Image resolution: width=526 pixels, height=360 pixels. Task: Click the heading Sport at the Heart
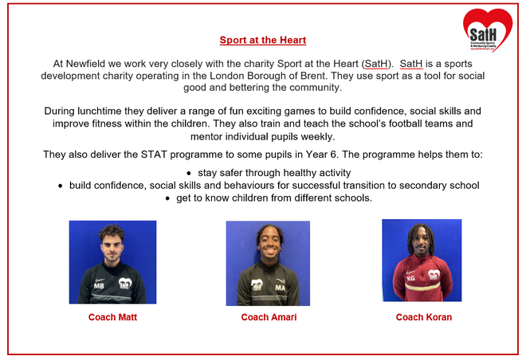click(x=263, y=40)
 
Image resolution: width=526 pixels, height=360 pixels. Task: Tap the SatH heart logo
click(x=488, y=30)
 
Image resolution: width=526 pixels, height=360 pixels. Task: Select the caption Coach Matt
click(x=112, y=317)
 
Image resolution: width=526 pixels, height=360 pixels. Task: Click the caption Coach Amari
click(x=269, y=317)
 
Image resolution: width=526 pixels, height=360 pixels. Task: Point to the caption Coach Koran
click(x=424, y=317)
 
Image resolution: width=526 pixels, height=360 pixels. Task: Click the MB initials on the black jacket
click(x=99, y=286)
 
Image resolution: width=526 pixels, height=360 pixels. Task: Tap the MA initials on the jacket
click(x=280, y=288)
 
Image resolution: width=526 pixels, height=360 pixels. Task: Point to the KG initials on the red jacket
click(x=411, y=278)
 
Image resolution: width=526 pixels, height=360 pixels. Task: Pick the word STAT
click(x=154, y=155)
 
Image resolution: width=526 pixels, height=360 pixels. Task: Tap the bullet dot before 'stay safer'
click(x=189, y=174)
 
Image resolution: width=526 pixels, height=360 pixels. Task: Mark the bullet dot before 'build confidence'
click(x=60, y=186)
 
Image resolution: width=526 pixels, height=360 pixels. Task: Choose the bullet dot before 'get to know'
click(x=167, y=198)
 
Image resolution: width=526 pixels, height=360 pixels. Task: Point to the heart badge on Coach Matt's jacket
click(x=125, y=284)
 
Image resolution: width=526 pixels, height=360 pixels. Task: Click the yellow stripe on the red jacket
click(x=422, y=287)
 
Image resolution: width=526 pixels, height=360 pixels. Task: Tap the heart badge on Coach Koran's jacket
click(x=434, y=275)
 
